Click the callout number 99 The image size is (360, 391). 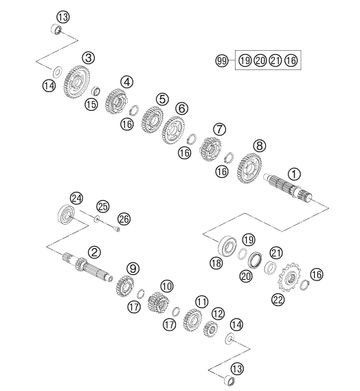222,60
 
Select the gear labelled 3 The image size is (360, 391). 76,82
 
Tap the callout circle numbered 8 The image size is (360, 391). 259,146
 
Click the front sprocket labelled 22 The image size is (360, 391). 290,277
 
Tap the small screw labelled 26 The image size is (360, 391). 117,228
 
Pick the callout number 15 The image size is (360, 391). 91,104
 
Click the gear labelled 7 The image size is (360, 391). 210,149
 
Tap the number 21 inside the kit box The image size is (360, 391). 275,60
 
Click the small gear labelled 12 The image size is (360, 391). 211,328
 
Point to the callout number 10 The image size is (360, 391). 167,286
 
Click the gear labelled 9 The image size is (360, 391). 124,286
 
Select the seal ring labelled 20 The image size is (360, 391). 255,260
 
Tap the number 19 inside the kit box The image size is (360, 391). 245,60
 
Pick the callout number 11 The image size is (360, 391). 201,302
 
